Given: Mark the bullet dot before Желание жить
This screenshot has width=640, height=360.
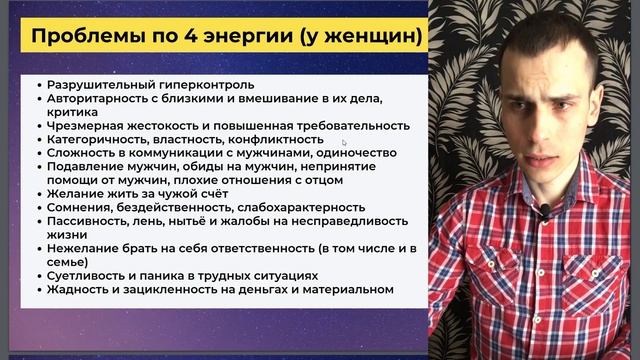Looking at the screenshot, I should pos(37,194).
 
